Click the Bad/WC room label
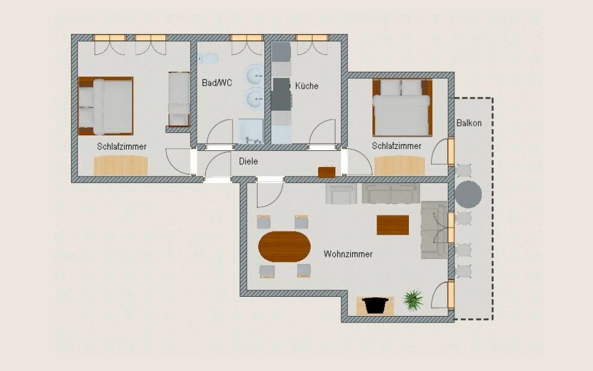click(x=217, y=83)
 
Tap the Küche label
click(x=307, y=86)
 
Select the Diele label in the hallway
click(x=249, y=162)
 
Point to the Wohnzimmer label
click(x=348, y=254)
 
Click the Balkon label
click(x=469, y=123)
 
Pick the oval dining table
click(x=285, y=247)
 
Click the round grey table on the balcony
click(x=468, y=194)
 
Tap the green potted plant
click(x=412, y=300)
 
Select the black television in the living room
click(x=375, y=306)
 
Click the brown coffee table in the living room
click(x=393, y=225)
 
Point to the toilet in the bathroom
click(x=209, y=59)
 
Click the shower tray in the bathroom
click(x=251, y=132)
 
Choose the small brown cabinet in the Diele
click(x=327, y=172)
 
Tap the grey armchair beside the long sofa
click(x=341, y=194)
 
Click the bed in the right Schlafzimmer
click(x=402, y=107)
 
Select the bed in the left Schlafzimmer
click(x=106, y=106)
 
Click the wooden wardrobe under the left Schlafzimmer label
click(x=121, y=165)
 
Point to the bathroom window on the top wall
click(x=246, y=38)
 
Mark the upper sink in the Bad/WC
click(x=254, y=76)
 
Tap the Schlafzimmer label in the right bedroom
click(x=397, y=146)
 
